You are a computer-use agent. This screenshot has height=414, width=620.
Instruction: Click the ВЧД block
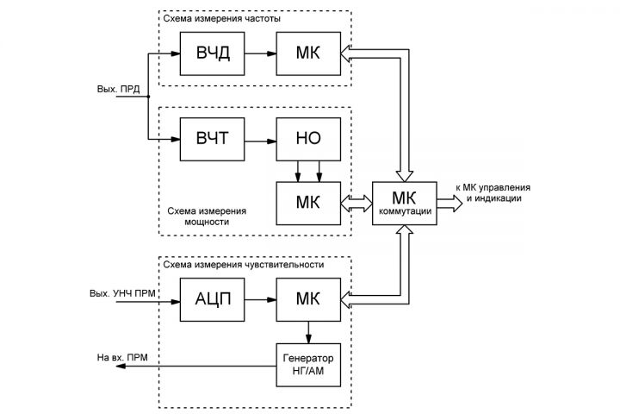pyautogui.click(x=212, y=53)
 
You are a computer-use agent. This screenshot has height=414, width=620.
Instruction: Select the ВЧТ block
pyautogui.click(x=212, y=138)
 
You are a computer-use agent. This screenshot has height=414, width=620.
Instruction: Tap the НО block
pyautogui.click(x=308, y=138)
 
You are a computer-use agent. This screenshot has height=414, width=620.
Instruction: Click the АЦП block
pyautogui.click(x=212, y=298)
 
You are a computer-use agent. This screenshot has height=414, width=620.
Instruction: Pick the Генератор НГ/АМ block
pyautogui.click(x=308, y=365)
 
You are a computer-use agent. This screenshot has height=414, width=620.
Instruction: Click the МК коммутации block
pyautogui.click(x=405, y=204)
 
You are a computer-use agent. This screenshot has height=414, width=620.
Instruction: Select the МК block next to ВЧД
pyautogui.click(x=308, y=53)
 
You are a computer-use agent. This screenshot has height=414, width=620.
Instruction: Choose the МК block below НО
pyautogui.click(x=308, y=204)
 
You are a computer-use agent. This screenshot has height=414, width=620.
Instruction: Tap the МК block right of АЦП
pyautogui.click(x=308, y=298)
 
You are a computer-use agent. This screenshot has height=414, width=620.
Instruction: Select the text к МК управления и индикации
pyautogui.click(x=493, y=193)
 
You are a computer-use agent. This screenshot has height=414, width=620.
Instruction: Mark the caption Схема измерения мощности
pyautogui.click(x=207, y=216)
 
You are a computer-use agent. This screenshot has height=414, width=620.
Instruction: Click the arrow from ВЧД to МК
pyautogui.click(x=259, y=53)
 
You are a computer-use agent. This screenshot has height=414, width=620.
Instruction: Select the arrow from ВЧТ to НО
pyautogui.click(x=259, y=138)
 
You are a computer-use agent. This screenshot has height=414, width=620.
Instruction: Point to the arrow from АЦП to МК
pyautogui.click(x=259, y=298)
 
